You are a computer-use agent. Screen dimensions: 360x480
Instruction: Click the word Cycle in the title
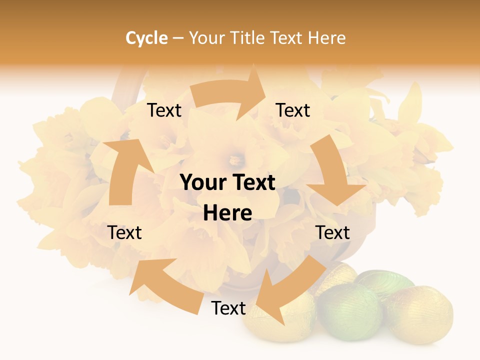click(x=146, y=38)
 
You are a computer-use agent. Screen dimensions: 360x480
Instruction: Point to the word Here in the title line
click(x=326, y=38)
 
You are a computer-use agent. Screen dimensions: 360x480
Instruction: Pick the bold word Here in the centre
click(x=227, y=213)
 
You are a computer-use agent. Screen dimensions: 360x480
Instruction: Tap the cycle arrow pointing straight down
click(x=332, y=172)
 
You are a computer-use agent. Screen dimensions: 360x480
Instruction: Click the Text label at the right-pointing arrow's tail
click(x=164, y=110)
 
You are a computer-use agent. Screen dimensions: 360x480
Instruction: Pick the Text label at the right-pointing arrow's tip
click(x=293, y=110)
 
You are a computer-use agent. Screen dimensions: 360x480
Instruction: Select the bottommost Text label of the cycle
click(x=228, y=308)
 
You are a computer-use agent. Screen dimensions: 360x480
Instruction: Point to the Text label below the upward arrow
click(x=124, y=232)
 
